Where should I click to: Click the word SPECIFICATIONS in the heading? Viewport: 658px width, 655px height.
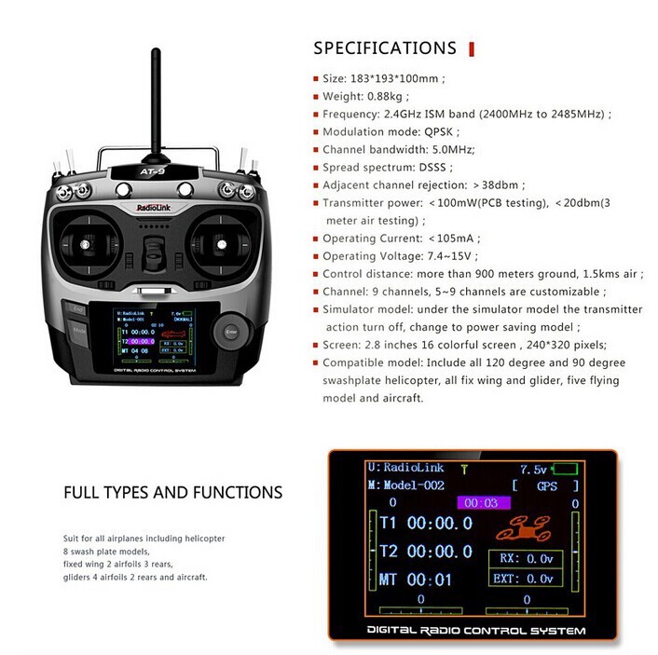384,48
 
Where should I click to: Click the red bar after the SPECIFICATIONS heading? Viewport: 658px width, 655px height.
471,48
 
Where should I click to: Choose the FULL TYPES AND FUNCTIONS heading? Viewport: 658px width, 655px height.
172,492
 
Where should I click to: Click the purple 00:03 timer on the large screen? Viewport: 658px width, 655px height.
482,503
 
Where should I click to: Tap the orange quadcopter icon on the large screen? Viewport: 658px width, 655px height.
526,529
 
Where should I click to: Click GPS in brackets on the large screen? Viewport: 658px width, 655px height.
545,486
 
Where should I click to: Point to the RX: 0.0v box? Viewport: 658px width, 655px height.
526,559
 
